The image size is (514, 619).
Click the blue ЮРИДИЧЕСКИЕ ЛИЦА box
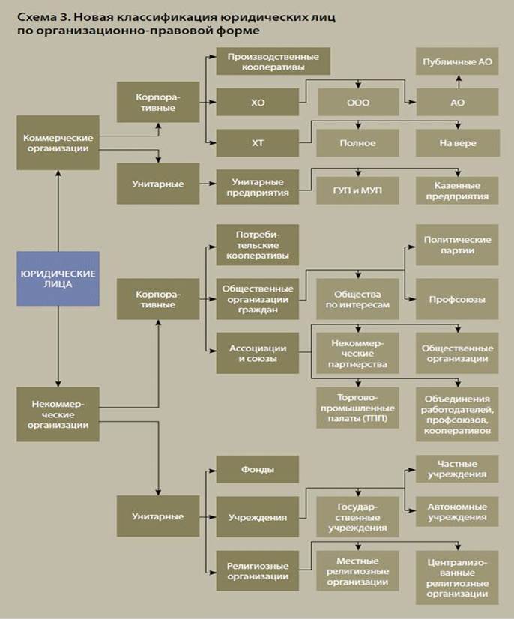click(x=58, y=279)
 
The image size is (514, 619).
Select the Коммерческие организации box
click(x=58, y=143)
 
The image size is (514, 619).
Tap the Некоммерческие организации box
click(x=58, y=414)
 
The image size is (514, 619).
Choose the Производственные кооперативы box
click(x=273, y=61)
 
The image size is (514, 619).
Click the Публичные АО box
click(x=457, y=61)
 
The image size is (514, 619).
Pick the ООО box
click(x=358, y=102)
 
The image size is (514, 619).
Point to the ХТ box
click(x=258, y=143)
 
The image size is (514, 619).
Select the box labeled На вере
click(x=458, y=143)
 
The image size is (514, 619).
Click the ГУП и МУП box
click(x=357, y=190)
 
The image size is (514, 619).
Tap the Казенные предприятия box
click(x=457, y=190)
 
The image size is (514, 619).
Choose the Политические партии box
click(x=457, y=245)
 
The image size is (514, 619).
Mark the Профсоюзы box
click(x=457, y=299)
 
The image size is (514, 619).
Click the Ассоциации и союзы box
click(x=258, y=353)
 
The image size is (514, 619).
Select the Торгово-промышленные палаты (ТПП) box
click(x=357, y=408)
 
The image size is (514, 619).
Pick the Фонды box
click(x=258, y=469)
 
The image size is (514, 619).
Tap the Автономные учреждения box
click(x=457, y=512)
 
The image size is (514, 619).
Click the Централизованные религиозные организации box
click(x=457, y=578)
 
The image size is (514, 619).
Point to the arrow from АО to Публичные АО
click(x=459, y=82)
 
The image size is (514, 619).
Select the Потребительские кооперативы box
click(x=258, y=245)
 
